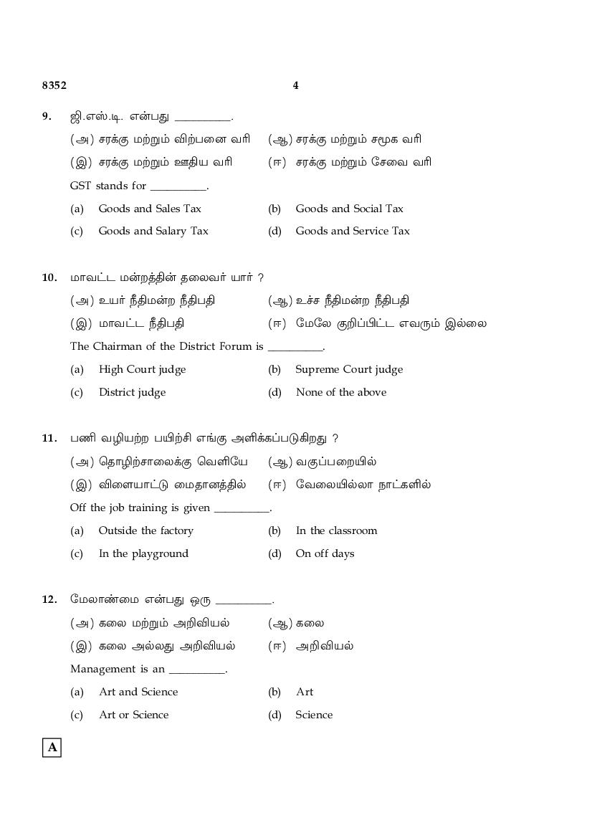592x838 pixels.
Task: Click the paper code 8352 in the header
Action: pos(54,85)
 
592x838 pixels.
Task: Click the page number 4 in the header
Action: pos(296,85)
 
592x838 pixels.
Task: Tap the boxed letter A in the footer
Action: pos(52,748)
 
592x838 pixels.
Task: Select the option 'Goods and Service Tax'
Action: pos(352,231)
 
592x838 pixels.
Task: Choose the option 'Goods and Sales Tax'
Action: pos(149,209)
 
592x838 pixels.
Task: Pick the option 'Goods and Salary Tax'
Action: pos(153,231)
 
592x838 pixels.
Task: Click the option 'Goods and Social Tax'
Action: pos(349,209)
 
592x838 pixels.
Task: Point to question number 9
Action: pos(47,116)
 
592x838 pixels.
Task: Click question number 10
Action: pos(49,277)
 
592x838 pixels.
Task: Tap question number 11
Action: pos(49,438)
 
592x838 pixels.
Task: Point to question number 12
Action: pos(49,599)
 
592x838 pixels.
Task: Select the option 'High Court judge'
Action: pos(142,369)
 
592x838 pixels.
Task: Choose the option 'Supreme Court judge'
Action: pos(349,369)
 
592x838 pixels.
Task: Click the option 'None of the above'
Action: pos(340,392)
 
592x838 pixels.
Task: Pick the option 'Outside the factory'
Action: pos(145,530)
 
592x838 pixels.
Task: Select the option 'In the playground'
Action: pos(143,553)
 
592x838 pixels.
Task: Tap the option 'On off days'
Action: pos(325,553)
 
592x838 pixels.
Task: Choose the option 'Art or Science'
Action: pos(133,715)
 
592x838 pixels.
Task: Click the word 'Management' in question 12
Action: pos(99,669)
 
